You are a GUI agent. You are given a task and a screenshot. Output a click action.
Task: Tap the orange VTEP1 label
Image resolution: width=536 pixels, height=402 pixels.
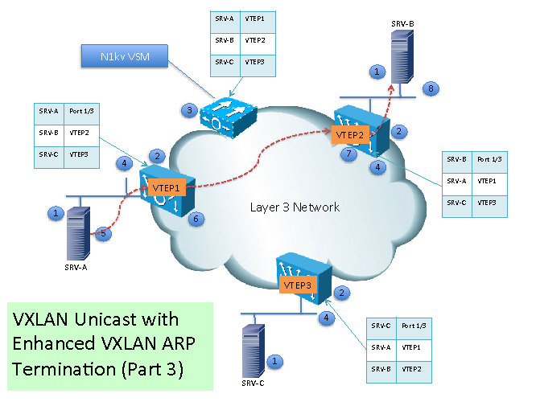(x=167, y=187)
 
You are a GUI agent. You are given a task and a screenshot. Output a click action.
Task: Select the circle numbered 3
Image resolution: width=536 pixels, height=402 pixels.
(x=188, y=110)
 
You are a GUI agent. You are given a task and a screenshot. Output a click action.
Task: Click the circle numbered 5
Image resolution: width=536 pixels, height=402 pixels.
(x=102, y=234)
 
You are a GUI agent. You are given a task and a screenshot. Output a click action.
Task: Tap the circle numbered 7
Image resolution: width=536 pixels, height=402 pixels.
(x=348, y=153)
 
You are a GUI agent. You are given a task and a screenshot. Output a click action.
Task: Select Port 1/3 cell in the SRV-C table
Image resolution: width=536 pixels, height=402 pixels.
(x=417, y=325)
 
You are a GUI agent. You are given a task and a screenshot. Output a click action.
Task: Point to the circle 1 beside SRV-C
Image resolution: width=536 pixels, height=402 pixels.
(x=275, y=362)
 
